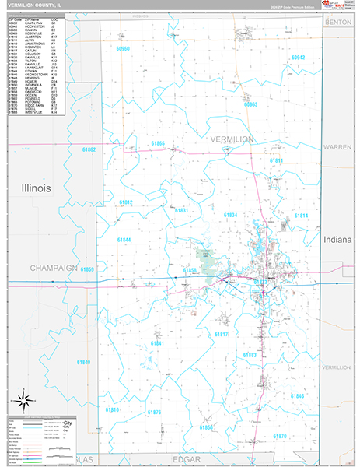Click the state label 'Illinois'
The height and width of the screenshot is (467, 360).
pyautogui.click(x=36, y=188)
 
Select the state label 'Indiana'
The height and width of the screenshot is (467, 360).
pyautogui.click(x=338, y=240)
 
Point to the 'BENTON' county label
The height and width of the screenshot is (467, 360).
pyautogui.click(x=339, y=23)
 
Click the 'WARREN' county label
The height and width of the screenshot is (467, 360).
pyautogui.click(x=338, y=146)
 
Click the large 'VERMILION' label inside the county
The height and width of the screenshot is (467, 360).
pyautogui.click(x=232, y=139)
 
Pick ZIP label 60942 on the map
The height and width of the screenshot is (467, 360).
pyautogui.click(x=299, y=58)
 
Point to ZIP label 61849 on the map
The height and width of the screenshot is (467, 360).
pyautogui.click(x=83, y=362)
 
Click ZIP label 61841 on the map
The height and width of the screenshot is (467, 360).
pyautogui.click(x=157, y=342)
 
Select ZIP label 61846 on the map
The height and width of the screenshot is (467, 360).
pyautogui.click(x=298, y=395)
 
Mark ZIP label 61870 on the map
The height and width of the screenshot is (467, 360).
pyautogui.click(x=280, y=436)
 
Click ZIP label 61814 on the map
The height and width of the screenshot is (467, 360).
pyautogui.click(x=301, y=216)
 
